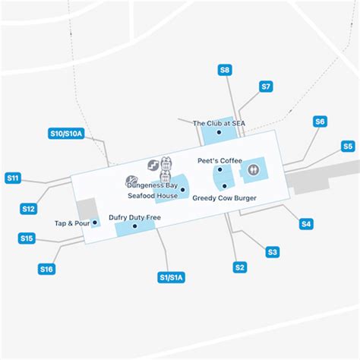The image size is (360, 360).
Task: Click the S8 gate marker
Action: pyautogui.click(x=225, y=70)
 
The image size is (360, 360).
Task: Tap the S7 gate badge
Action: pyautogui.click(x=266, y=87)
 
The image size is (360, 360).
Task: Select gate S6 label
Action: pyautogui.click(x=320, y=122)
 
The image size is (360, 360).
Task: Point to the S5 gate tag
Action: pyautogui.click(x=347, y=146)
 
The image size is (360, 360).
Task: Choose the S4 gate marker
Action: pyautogui.click(x=306, y=223)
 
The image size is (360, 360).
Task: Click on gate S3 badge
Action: pyautogui.click(x=273, y=251)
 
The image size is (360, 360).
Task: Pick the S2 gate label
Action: pyautogui.click(x=240, y=267)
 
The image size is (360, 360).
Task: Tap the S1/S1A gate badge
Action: pyautogui.click(x=171, y=277)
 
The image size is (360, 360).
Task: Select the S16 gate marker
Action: pyautogui.click(x=46, y=268)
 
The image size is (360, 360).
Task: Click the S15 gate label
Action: pyautogui.click(x=27, y=238)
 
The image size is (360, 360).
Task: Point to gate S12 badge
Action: pyautogui.click(x=28, y=208)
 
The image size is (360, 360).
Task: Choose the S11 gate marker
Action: pyautogui.click(x=13, y=178)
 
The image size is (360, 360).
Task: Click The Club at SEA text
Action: pyautogui.click(x=219, y=124)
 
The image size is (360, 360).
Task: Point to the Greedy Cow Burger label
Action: pyautogui.click(x=224, y=197)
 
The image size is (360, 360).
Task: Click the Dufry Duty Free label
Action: pyautogui.click(x=134, y=216)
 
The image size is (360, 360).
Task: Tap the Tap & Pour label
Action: pyautogui.click(x=73, y=223)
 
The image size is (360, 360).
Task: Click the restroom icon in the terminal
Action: pyautogui.click(x=253, y=171)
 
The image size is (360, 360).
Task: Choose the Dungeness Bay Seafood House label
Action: pyautogui.click(x=152, y=190)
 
